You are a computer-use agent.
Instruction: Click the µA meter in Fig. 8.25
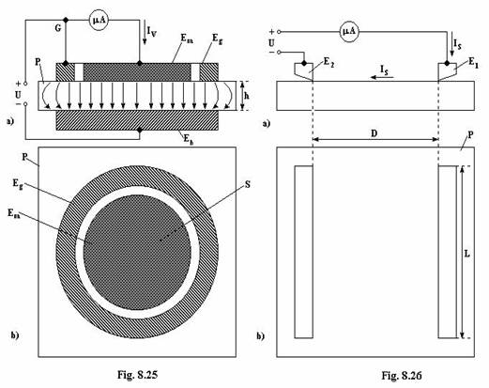[99, 21]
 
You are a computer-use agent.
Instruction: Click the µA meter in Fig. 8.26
[349, 32]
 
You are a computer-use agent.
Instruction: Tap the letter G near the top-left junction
[58, 28]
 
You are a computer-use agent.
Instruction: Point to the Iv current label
[152, 31]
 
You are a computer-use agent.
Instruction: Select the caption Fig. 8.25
[137, 375]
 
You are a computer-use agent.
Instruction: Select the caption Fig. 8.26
[402, 375]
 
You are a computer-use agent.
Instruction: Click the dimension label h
[247, 96]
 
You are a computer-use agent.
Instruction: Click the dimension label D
[374, 133]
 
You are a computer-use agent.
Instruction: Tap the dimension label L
[466, 254]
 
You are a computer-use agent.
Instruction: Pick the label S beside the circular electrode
[248, 184]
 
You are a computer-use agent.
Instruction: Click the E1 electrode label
[473, 63]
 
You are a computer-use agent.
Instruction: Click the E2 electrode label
[329, 62]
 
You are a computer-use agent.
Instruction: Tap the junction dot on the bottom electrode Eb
[140, 130]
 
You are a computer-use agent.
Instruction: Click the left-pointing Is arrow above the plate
[381, 77]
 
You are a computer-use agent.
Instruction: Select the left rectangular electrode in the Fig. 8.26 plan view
[303, 252]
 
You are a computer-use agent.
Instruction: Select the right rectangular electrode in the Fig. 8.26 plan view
[448, 252]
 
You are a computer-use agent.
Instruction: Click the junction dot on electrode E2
[304, 63]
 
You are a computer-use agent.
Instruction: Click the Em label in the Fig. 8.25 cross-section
[187, 39]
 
